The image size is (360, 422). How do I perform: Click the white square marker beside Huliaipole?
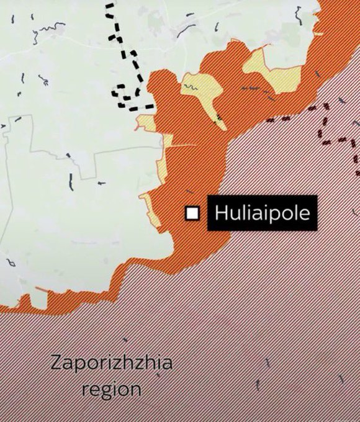pyautogui.click(x=193, y=213)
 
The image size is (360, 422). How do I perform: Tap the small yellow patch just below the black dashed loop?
pyautogui.click(x=145, y=121)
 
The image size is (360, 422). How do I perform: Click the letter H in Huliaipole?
pyautogui.click(x=220, y=213)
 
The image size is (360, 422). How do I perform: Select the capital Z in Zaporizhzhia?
pyautogui.click(x=56, y=362)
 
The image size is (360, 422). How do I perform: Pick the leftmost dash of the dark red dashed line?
pyautogui.click(x=270, y=120)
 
